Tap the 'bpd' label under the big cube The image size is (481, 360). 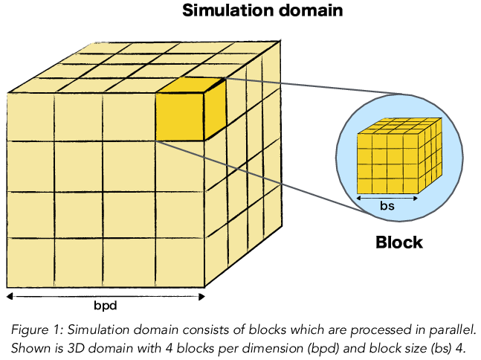105,306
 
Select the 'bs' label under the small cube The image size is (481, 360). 387,207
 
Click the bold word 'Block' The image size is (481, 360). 398,242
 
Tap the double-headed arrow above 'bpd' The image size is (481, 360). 105,295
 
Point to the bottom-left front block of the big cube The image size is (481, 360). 30,263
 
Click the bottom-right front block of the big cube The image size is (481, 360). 181,263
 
